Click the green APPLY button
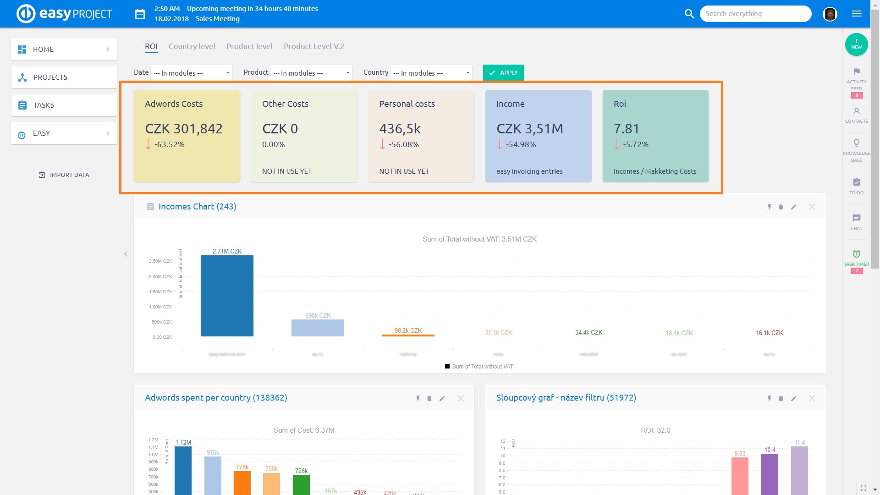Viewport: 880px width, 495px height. [503, 73]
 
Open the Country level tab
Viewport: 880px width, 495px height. [192, 46]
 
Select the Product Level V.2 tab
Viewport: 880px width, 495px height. [313, 46]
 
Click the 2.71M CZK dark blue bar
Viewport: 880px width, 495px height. [227, 296]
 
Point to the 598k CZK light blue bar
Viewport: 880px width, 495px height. [318, 328]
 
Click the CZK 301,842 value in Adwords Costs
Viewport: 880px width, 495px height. [184, 129]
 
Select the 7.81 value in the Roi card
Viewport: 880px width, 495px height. [626, 129]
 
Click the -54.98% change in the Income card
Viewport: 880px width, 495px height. [521, 144]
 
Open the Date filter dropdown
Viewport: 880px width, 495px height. [191, 73]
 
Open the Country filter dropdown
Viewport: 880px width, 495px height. [431, 73]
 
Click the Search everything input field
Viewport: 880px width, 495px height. [755, 14]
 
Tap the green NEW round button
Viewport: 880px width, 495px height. [856, 44]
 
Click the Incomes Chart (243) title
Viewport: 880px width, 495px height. [197, 207]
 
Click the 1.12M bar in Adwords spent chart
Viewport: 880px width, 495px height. [183, 470]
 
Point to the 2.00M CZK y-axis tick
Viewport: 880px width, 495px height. [160, 276]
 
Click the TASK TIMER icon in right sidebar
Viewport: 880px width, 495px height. [856, 254]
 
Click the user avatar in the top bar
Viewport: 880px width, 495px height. [830, 14]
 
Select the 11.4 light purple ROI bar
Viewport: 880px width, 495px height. [799, 470]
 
